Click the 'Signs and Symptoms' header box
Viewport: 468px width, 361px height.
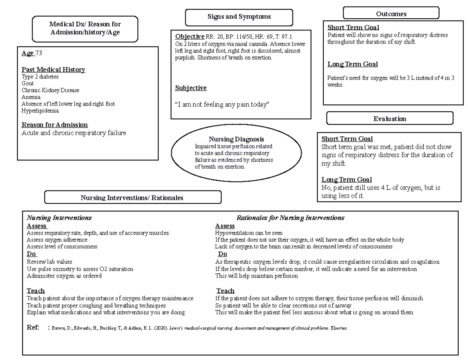click(239, 17)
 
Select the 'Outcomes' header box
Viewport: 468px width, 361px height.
click(391, 14)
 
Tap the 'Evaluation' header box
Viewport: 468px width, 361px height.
click(390, 119)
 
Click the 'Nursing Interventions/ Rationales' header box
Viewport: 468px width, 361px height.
click(133, 197)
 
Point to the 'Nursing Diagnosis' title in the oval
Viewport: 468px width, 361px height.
click(236, 139)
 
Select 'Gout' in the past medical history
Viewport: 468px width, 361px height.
click(28, 83)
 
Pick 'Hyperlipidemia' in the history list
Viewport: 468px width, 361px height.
click(40, 111)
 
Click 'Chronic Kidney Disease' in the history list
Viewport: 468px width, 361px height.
click(50, 90)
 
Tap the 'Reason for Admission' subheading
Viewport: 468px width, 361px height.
click(55, 125)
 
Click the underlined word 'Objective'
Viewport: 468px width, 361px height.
click(190, 37)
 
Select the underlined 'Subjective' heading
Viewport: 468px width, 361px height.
click(191, 88)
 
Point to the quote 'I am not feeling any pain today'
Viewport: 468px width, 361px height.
click(222, 104)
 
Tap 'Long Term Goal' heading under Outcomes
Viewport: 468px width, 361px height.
click(353, 64)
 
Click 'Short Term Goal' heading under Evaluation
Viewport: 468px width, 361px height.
click(347, 139)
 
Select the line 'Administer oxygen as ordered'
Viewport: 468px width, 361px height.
click(64, 276)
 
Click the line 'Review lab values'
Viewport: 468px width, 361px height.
click(49, 262)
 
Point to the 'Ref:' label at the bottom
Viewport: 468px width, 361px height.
click(33, 328)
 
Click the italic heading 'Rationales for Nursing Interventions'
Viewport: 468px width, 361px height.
click(290, 218)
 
